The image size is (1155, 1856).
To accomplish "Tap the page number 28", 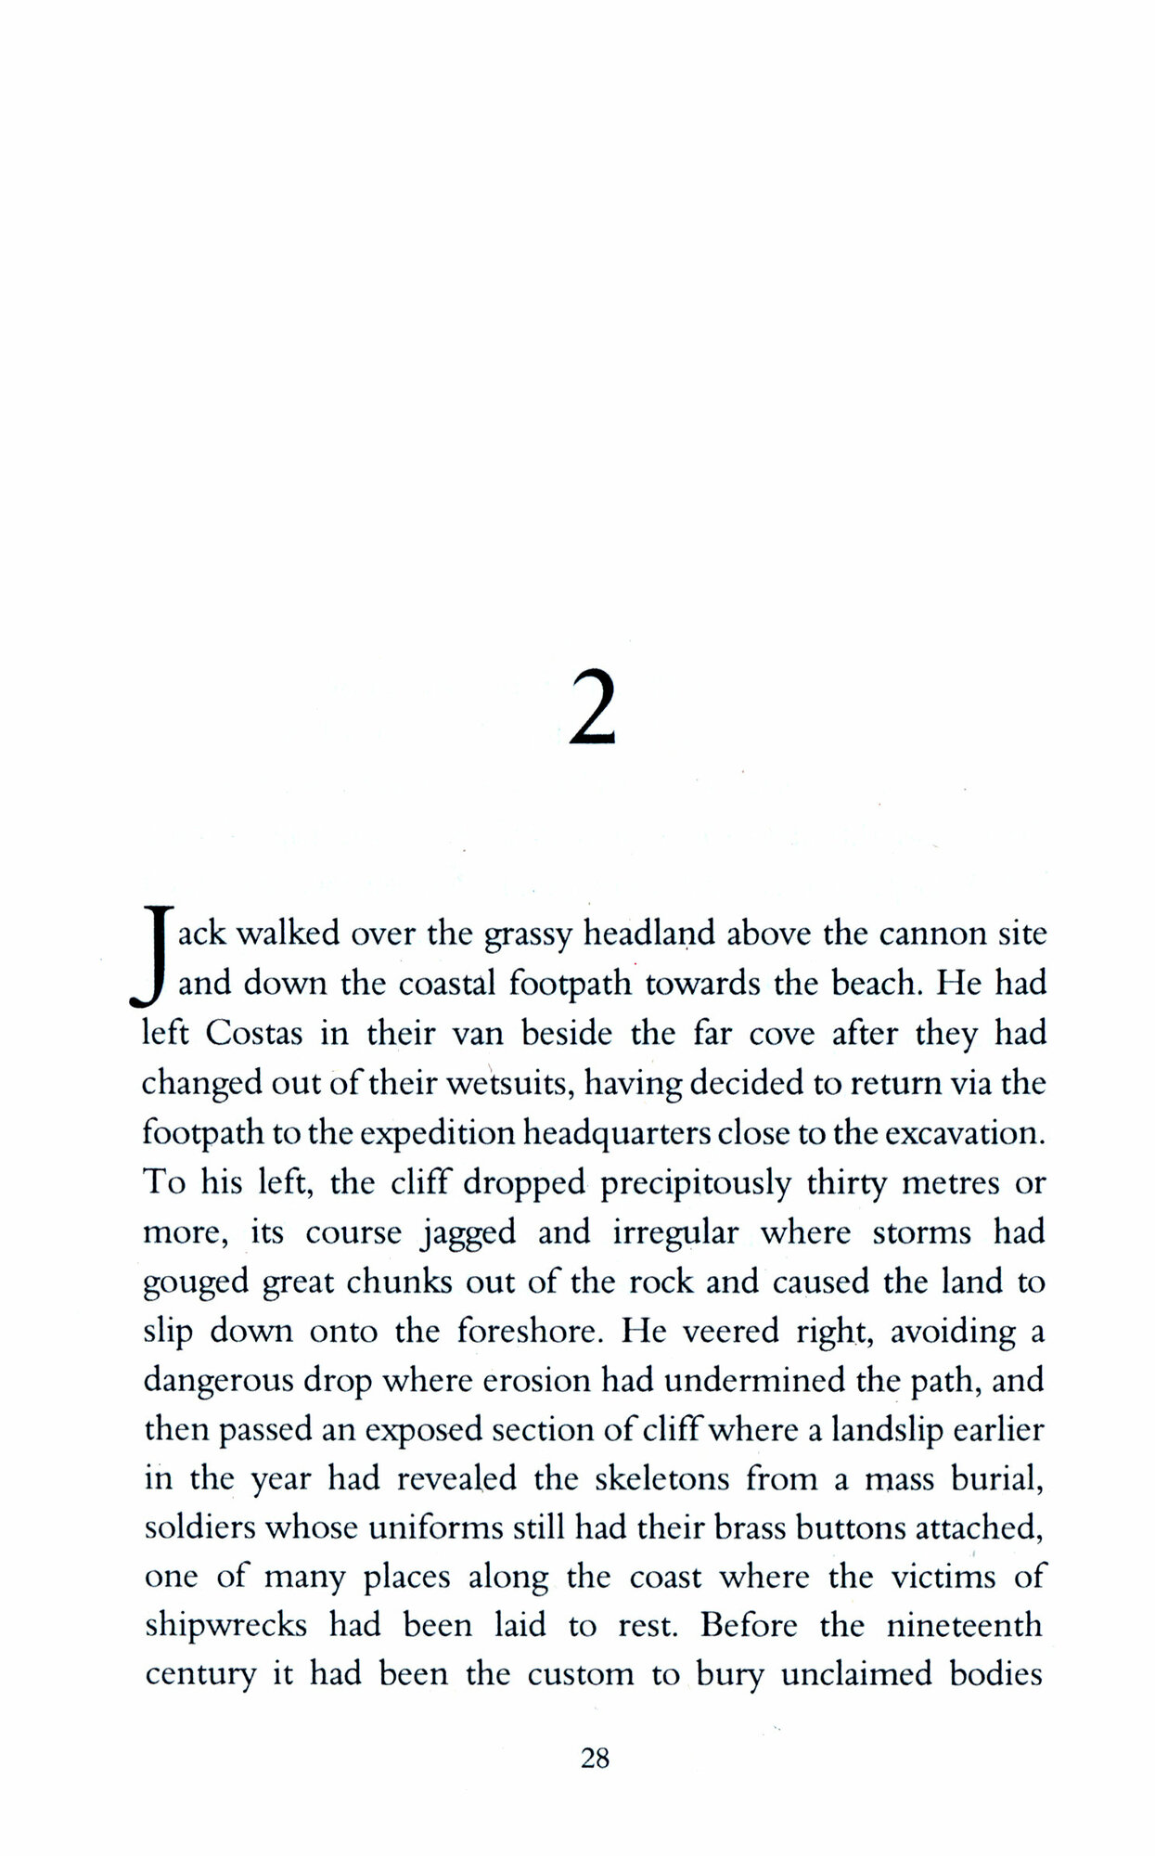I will click(595, 1757).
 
